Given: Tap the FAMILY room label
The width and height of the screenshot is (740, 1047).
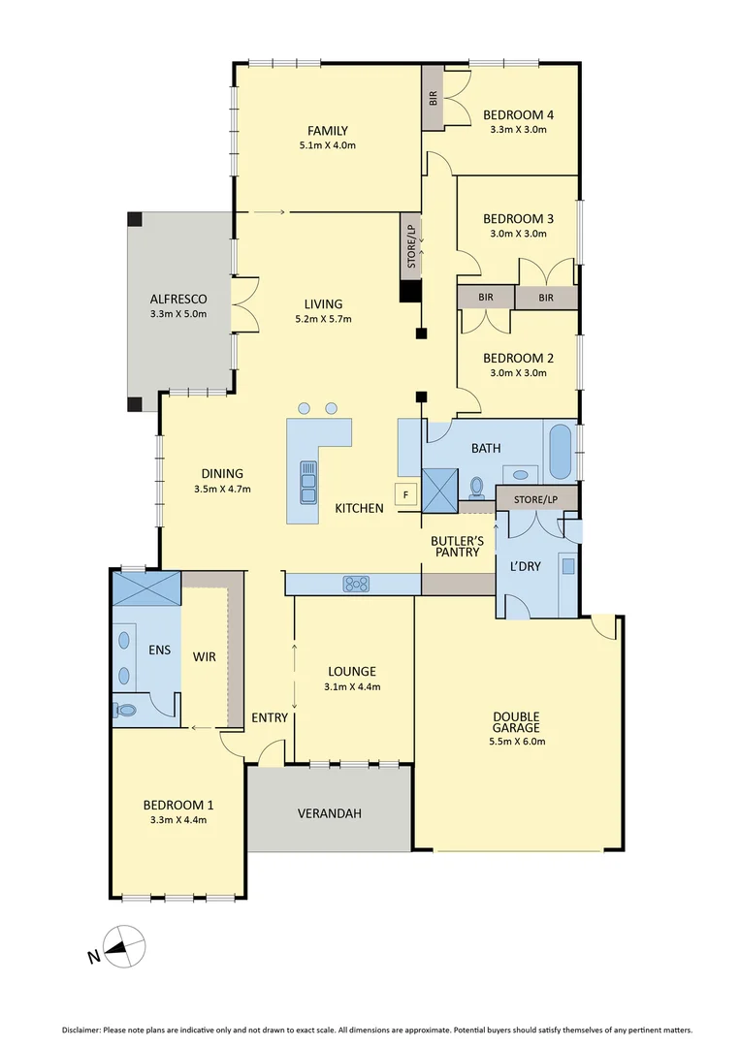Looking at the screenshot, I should [x=328, y=131].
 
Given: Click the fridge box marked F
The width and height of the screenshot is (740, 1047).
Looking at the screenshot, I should [x=405, y=494].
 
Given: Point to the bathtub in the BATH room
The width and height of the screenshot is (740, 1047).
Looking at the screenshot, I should [x=562, y=451].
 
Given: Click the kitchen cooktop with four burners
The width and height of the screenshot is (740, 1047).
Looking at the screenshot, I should [x=356, y=584].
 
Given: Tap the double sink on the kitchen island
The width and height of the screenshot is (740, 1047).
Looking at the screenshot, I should [x=308, y=482].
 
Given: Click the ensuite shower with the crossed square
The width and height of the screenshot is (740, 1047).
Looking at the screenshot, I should [x=146, y=587].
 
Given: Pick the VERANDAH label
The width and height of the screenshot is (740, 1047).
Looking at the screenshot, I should [x=329, y=813].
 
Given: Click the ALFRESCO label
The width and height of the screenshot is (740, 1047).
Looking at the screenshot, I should [x=177, y=299].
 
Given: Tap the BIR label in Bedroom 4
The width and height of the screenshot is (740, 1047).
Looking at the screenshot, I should [x=434, y=97].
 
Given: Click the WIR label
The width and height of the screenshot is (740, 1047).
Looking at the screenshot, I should [x=204, y=656].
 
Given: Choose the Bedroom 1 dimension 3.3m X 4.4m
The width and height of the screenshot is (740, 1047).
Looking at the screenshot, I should [x=177, y=819].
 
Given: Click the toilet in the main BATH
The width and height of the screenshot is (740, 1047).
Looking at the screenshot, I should [x=477, y=485].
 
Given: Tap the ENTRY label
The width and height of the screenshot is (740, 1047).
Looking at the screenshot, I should [x=269, y=717].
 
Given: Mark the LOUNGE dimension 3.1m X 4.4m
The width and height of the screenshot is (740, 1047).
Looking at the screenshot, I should [x=351, y=686].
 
